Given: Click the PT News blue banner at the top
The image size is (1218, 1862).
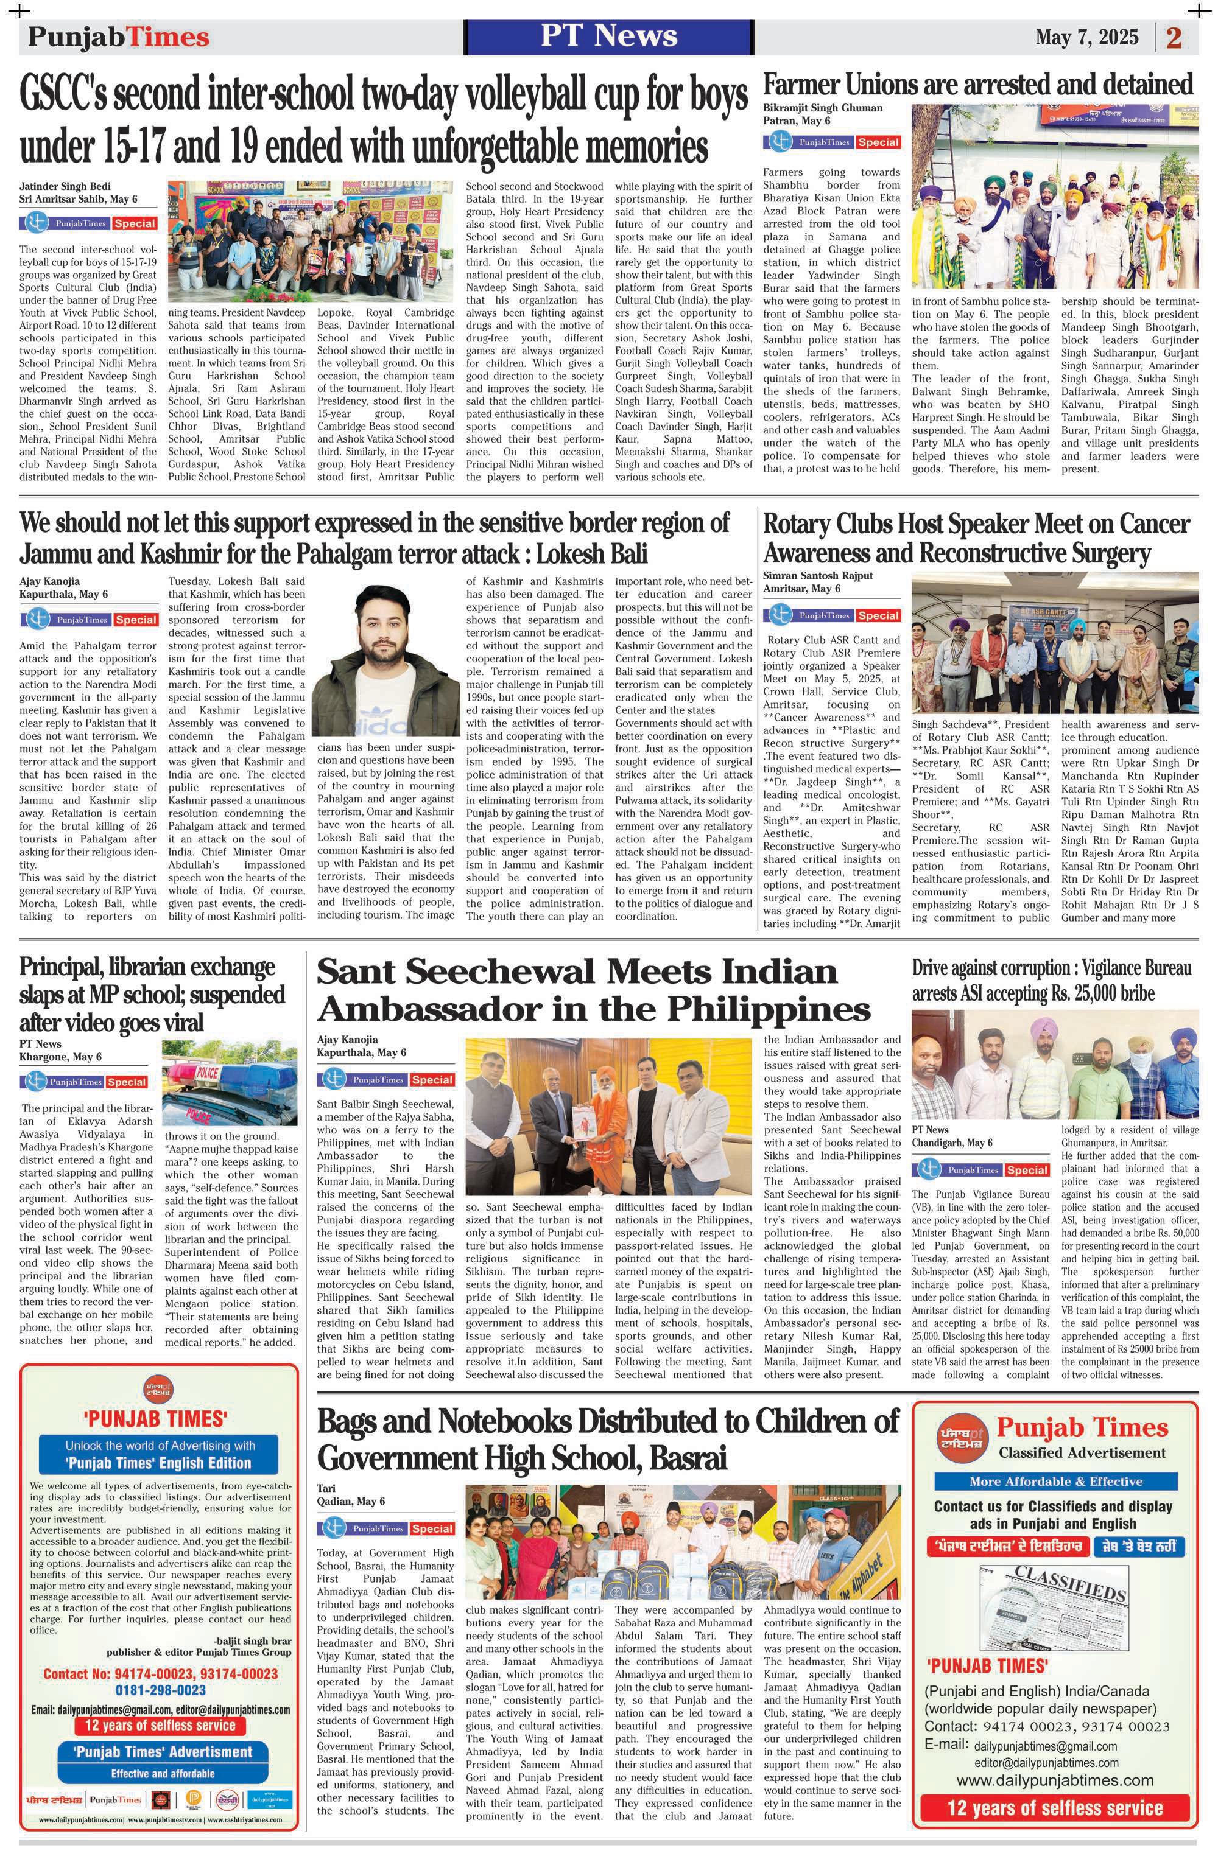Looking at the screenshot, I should pyautogui.click(x=608, y=36).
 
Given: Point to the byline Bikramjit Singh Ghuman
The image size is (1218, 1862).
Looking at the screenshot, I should pyautogui.click(x=823, y=108).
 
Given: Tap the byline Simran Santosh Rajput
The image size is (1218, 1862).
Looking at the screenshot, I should pyautogui.click(x=818, y=576).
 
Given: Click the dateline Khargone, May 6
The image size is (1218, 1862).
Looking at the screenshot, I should pyautogui.click(x=60, y=1057).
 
